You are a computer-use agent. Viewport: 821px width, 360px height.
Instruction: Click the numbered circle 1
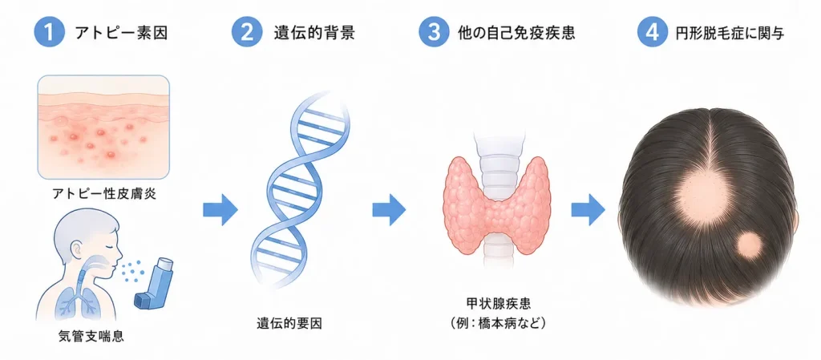(49, 32)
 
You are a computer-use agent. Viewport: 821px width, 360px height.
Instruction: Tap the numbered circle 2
(246, 32)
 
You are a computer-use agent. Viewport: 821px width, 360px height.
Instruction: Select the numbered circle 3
(434, 32)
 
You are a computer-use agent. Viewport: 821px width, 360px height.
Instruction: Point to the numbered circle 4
(653, 32)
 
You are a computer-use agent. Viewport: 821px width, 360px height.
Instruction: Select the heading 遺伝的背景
(314, 33)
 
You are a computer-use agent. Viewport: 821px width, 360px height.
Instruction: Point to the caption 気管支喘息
(91, 335)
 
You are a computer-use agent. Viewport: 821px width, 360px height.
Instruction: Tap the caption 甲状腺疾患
(498, 304)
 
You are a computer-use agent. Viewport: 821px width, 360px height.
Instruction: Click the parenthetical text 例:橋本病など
(498, 323)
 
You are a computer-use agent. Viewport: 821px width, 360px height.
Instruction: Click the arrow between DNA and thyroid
(389, 210)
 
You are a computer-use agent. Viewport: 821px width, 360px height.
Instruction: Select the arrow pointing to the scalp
(588, 210)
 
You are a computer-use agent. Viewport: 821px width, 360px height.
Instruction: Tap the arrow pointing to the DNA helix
(220, 210)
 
